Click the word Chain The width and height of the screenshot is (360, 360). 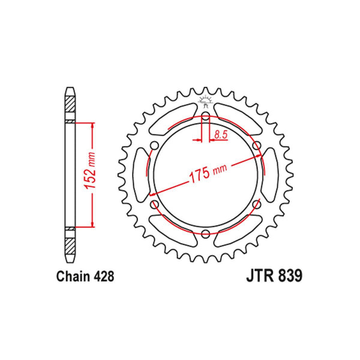[74, 277]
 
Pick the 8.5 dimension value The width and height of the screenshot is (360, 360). [220, 136]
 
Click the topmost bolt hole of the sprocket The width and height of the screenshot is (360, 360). [205, 117]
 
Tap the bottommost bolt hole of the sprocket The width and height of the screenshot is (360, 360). [205, 232]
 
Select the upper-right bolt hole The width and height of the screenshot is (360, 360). [256, 146]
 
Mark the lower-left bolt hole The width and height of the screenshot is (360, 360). [155, 204]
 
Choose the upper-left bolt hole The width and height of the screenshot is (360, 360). [155, 146]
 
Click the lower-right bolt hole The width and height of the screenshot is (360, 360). [256, 204]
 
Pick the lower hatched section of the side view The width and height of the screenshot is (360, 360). [70, 243]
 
